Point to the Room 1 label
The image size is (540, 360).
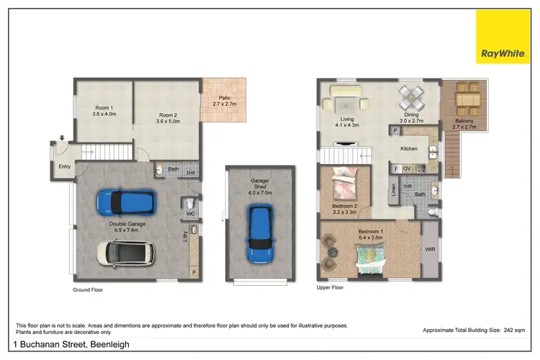pos(104,110)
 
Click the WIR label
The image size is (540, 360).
pos(431,249)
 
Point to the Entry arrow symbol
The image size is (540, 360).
pos(62,138)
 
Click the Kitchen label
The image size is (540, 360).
pos(410,148)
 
